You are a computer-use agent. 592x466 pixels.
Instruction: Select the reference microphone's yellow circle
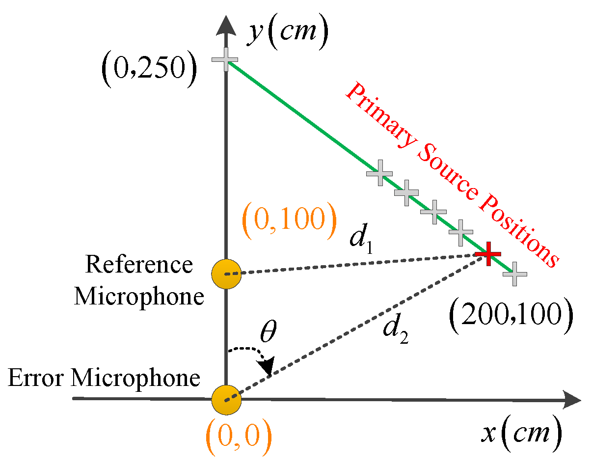tap(226, 274)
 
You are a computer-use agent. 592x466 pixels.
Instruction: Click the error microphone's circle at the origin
tap(226, 399)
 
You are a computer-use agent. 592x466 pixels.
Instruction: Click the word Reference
tap(139, 265)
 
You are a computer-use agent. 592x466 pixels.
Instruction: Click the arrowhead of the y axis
tap(226, 25)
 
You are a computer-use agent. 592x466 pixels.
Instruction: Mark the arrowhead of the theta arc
tap(267, 366)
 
